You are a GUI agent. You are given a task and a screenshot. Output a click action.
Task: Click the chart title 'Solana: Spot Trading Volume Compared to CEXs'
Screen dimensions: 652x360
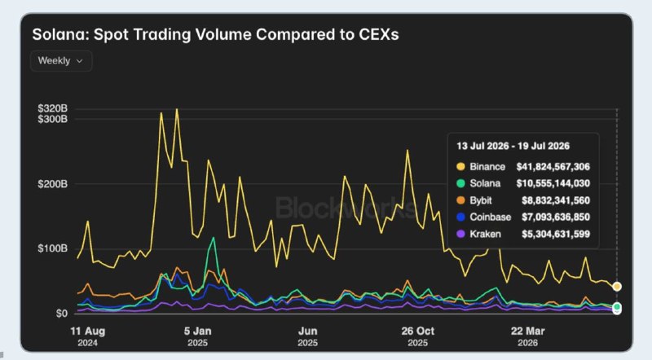point(215,34)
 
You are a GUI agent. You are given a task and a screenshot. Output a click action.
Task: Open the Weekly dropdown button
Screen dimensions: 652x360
point(61,61)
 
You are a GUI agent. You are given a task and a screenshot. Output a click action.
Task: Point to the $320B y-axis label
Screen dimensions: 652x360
point(53,108)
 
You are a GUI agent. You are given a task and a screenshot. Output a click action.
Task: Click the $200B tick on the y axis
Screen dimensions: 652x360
point(53,184)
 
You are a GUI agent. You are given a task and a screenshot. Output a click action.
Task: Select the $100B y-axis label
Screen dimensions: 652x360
point(53,248)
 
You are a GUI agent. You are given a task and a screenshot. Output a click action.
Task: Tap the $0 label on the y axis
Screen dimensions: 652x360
point(62,314)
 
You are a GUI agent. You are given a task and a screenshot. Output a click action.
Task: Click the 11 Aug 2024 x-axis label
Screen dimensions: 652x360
point(88,336)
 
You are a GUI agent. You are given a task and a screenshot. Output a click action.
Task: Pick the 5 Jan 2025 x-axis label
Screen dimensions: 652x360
point(197,336)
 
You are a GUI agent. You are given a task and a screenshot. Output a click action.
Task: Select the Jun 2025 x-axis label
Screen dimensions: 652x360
point(308,336)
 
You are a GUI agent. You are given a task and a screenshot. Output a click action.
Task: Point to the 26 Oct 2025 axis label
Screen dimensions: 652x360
point(417,336)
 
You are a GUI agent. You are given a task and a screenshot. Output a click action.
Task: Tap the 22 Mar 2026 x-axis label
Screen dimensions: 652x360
point(527,336)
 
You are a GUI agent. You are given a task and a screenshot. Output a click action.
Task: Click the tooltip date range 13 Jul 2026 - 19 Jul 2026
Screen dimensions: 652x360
point(513,146)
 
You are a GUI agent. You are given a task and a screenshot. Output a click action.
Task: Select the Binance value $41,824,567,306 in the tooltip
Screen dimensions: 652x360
point(553,167)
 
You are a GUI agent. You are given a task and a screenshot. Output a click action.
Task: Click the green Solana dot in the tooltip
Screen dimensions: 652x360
point(460,183)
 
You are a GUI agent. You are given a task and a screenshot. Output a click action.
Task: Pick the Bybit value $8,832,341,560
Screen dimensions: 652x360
point(556,200)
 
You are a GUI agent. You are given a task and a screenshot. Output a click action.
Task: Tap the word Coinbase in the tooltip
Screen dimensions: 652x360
point(491,217)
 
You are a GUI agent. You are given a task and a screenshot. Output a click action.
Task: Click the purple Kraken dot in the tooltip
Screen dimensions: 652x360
point(460,234)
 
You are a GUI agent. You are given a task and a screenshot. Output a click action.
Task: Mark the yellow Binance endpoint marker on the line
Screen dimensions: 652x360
point(617,287)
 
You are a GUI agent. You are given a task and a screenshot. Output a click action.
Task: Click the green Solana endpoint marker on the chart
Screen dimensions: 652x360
point(617,307)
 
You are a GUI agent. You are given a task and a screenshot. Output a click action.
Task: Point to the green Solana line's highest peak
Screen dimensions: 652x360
point(214,238)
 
